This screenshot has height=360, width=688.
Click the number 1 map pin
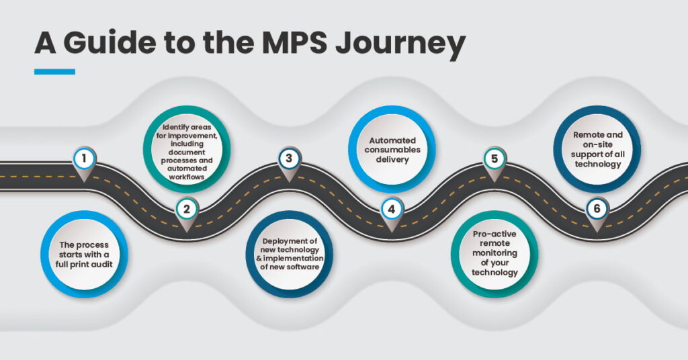click(84, 160)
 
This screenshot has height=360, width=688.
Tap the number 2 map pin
click(187, 210)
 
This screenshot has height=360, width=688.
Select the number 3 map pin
click(288, 160)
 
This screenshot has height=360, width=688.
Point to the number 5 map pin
click(494, 160)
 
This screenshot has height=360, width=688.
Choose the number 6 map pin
click(596, 210)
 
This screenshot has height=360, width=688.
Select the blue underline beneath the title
click(54, 71)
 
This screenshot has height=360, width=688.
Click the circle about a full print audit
click(84, 254)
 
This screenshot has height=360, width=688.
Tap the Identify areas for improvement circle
click(187, 150)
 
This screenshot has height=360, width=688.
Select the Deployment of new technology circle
click(290, 254)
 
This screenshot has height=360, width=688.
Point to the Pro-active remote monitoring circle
click(494, 254)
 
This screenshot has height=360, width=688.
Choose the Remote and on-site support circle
click(597, 149)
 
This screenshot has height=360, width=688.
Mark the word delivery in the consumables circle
click(392, 159)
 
